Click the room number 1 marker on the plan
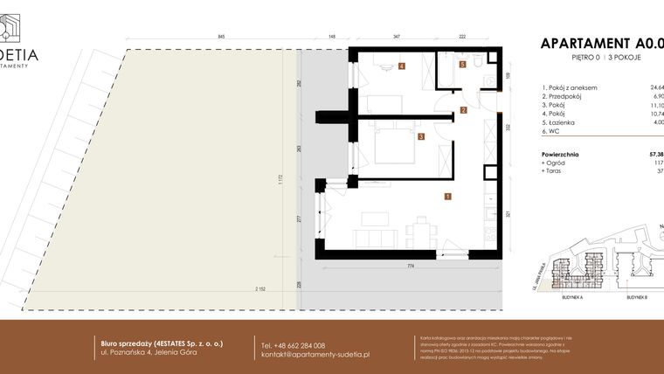(447, 197)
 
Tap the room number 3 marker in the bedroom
(421, 137)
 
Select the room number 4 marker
(402, 66)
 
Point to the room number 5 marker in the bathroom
(463, 65)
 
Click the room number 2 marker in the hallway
(464, 110)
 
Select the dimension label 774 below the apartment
(410, 266)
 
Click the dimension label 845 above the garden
(221, 37)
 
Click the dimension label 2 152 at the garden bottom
(260, 289)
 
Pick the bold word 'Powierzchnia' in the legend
(561, 154)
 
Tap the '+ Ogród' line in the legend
(555, 163)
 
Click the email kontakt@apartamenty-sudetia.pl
(315, 355)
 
